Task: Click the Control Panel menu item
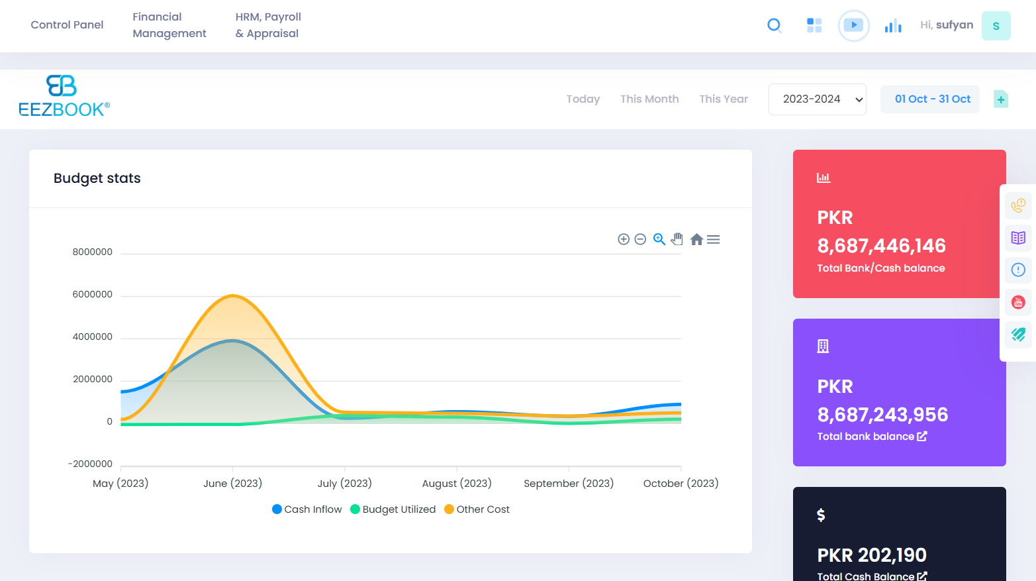tap(67, 25)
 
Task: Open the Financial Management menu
tap(169, 25)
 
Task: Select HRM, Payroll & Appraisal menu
tap(268, 25)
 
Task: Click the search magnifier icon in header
tap(774, 26)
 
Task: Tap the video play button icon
tap(853, 26)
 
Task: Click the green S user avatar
tap(996, 26)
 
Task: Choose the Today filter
tap(583, 99)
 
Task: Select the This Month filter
tap(649, 99)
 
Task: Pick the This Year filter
tap(724, 99)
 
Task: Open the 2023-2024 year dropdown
tap(817, 99)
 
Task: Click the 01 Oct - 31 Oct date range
tap(932, 99)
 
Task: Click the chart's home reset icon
tap(696, 239)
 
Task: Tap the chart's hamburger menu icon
tap(713, 239)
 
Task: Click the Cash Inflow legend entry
tap(307, 509)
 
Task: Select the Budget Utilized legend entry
tap(393, 509)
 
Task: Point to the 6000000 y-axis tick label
tap(93, 294)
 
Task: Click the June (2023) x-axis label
tap(232, 484)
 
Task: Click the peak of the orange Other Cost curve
tap(232, 295)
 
